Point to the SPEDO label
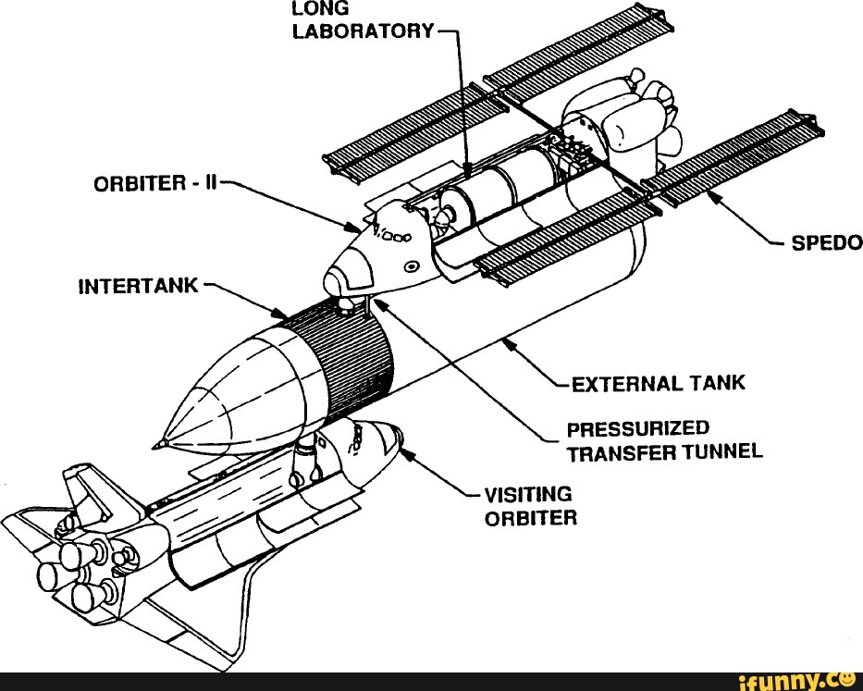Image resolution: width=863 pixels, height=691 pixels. point(826,242)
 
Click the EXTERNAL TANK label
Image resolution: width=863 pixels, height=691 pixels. point(658,382)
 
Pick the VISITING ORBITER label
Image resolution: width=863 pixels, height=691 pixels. point(530,506)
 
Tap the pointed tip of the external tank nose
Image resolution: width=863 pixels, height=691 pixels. point(160,445)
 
